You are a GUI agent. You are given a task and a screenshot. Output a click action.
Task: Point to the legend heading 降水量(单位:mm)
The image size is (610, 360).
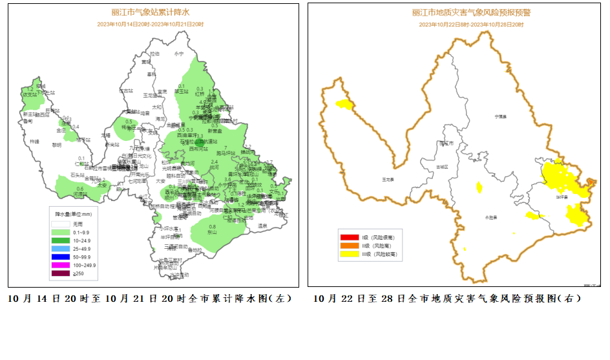click(x=73, y=214)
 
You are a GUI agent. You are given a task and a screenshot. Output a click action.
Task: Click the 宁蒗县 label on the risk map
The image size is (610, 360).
click(x=500, y=116)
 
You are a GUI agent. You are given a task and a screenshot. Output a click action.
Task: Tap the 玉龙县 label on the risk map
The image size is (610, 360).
click(x=388, y=178)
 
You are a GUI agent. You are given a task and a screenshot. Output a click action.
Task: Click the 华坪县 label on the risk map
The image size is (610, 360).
click(x=562, y=196)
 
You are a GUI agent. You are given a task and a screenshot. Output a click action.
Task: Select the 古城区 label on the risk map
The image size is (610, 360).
click(x=442, y=167)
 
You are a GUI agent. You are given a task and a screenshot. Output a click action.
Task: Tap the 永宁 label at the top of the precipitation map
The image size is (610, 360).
click(x=179, y=54)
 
